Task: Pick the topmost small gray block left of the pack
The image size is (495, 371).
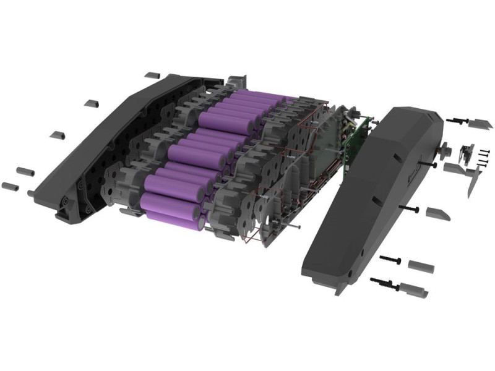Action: pyautogui.click(x=152, y=75)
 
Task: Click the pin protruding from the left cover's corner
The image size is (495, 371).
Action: pyautogui.click(x=30, y=193)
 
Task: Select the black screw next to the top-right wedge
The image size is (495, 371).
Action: pyautogui.click(x=458, y=119)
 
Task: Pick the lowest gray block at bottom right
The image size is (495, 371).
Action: pyautogui.click(x=411, y=288)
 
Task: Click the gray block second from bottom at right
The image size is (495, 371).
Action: pyautogui.click(x=421, y=266)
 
